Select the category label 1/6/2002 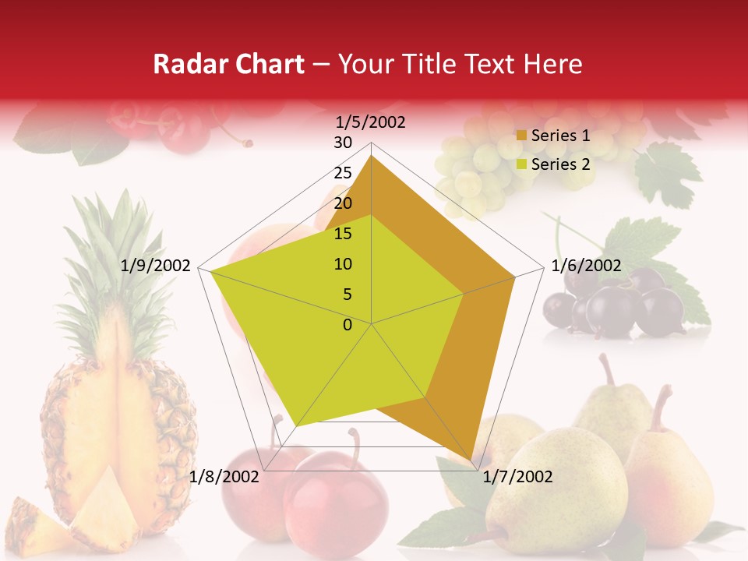tap(586, 266)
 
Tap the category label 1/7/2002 tap(517, 476)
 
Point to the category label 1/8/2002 tap(224, 476)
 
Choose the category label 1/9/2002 tap(156, 266)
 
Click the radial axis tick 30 tap(342, 143)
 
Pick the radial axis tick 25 tap(342, 173)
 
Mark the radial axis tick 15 tap(342, 234)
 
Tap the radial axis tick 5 tap(347, 295)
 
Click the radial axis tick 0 tap(348, 325)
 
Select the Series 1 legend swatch tap(522, 136)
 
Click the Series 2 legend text tap(561, 164)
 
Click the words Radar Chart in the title tap(228, 65)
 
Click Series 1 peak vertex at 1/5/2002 tap(372, 155)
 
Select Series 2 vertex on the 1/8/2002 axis tap(296, 425)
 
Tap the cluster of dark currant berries tap(616, 308)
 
